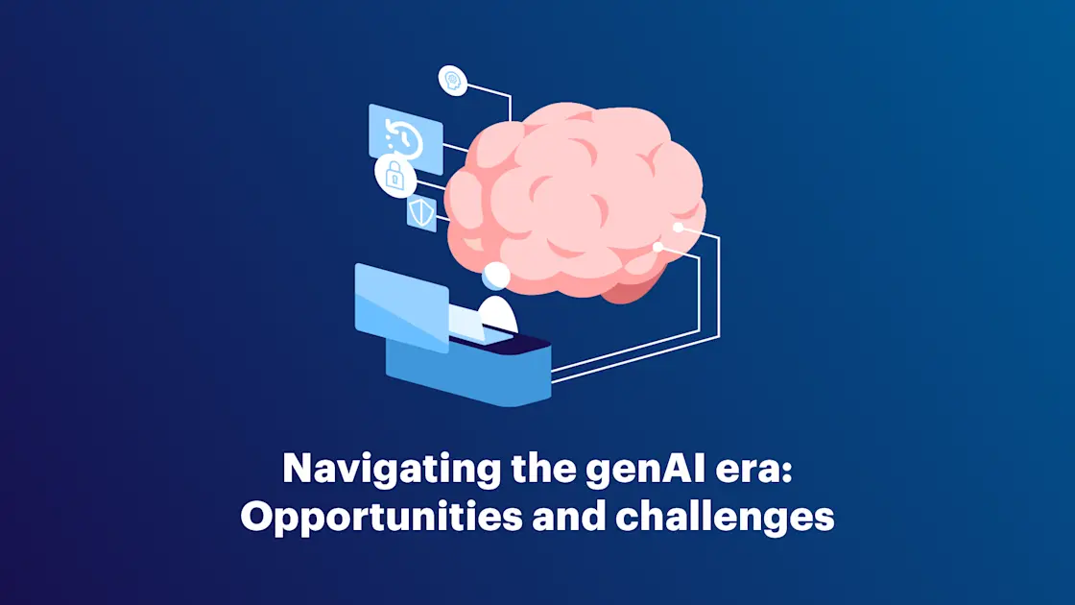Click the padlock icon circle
point(394,175)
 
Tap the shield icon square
point(420,212)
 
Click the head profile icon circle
point(452,81)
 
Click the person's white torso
point(498,314)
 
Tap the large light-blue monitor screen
point(401,306)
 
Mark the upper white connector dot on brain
point(678,228)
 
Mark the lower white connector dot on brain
point(657,247)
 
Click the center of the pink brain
point(576,197)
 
